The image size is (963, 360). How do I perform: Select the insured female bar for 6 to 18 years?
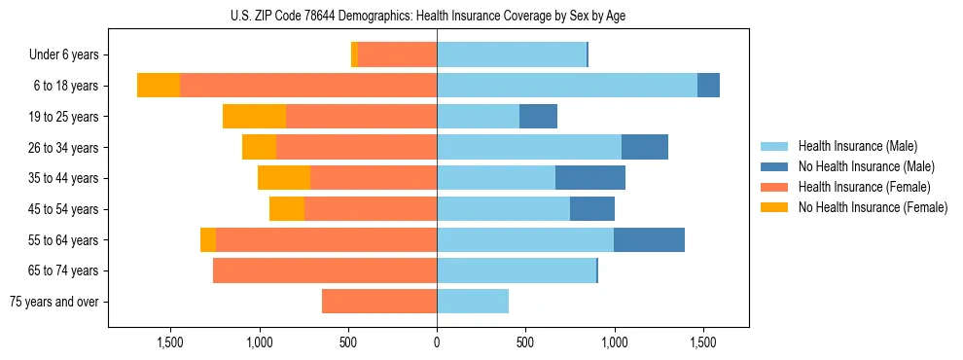[x=308, y=86]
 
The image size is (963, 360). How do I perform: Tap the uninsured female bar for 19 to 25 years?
[x=254, y=117]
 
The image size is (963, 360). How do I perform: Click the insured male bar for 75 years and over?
[x=473, y=302]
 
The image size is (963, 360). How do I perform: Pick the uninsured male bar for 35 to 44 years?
[x=590, y=178]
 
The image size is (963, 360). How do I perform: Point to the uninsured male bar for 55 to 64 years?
[x=649, y=239]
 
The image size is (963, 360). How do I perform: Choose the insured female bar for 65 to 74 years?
[x=325, y=270]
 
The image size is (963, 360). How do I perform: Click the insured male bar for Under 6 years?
[x=512, y=54]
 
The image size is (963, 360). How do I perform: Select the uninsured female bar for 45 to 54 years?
[x=287, y=209]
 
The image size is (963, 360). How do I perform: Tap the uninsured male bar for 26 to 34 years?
[x=645, y=147]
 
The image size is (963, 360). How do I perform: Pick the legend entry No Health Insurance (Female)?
[x=873, y=207]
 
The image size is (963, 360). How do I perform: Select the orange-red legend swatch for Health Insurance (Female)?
[x=774, y=187]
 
